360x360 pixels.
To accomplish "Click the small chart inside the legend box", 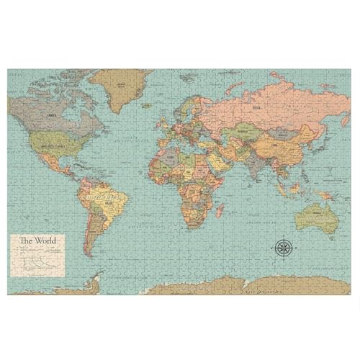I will pos(40,263).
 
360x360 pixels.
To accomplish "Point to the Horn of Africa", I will pos(223,180).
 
